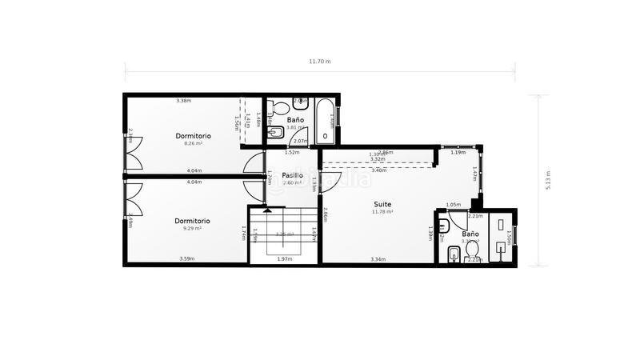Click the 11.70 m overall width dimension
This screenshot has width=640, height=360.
(x=320, y=62)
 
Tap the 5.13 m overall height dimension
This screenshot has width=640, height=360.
(x=547, y=180)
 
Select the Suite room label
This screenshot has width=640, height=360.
(x=382, y=204)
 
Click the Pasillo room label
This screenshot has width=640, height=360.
(x=291, y=174)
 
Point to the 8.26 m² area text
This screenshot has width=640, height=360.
(x=193, y=144)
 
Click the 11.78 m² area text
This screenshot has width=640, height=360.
(x=382, y=212)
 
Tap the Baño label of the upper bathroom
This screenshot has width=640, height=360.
(x=295, y=119)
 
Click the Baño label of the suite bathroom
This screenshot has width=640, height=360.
(x=470, y=234)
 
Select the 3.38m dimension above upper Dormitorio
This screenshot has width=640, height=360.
(x=183, y=101)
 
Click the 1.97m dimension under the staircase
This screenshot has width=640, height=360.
(x=284, y=259)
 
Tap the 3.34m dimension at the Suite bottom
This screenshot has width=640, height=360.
(x=378, y=259)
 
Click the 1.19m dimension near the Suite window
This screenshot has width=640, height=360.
(x=458, y=152)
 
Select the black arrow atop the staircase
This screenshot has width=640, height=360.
(x=269, y=210)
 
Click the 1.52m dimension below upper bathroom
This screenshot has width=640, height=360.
(x=292, y=152)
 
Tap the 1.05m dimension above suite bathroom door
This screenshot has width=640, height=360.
(x=453, y=205)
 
